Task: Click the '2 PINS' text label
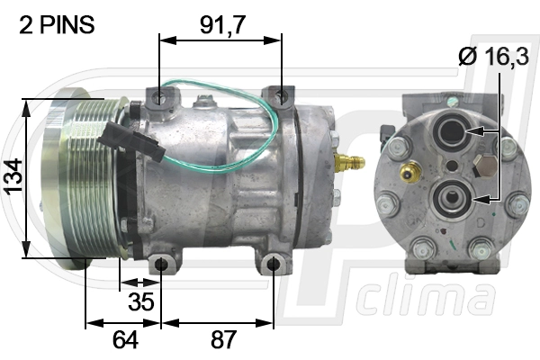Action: pos(57,24)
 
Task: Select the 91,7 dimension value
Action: pos(222,24)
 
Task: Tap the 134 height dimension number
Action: pos(14,176)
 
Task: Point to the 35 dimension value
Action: pos(141,301)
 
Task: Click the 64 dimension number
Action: pos(125,339)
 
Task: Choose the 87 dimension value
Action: pos(223,339)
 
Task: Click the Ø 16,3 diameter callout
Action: pos(493,56)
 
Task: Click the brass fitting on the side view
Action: pos(348,160)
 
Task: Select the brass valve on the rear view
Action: pos(409,172)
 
